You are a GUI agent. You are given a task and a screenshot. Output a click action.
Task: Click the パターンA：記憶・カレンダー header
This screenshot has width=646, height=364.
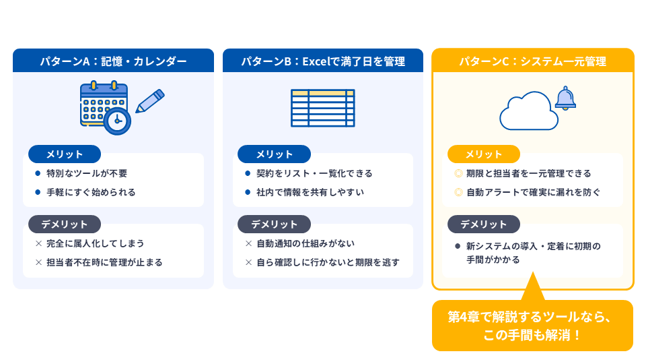click(113, 61)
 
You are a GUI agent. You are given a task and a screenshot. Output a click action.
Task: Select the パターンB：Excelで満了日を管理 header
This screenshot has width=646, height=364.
click(323, 61)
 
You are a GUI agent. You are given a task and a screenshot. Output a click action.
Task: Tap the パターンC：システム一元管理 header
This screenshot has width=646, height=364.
click(533, 61)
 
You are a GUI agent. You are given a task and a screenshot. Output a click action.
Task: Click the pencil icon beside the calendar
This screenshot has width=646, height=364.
click(150, 100)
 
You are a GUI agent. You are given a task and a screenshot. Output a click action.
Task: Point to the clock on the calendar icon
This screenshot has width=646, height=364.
click(117, 121)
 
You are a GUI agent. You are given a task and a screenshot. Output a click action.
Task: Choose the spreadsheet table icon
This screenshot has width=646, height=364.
click(323, 108)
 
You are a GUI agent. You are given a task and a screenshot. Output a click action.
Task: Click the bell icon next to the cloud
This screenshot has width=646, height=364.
click(565, 98)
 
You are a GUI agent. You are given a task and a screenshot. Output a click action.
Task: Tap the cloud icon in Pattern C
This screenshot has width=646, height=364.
click(529, 111)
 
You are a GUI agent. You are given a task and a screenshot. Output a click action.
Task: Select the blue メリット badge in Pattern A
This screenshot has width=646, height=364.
click(65, 154)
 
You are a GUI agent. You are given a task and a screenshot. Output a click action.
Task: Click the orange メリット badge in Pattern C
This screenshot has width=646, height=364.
click(484, 154)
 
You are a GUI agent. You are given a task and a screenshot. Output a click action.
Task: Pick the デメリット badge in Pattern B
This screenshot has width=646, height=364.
click(274, 224)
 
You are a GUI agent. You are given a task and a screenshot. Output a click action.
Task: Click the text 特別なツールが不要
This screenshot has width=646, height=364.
click(87, 173)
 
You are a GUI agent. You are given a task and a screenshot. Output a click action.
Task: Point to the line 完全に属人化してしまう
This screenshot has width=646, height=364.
click(95, 243)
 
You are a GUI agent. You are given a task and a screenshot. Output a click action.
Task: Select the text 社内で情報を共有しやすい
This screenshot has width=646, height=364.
click(310, 192)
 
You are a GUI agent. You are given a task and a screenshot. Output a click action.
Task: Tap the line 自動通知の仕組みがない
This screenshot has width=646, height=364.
click(306, 243)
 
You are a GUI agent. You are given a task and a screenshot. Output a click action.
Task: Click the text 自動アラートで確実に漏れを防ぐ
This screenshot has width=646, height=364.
click(533, 192)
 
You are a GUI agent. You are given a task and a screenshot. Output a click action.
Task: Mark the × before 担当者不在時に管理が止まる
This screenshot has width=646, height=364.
click(39, 262)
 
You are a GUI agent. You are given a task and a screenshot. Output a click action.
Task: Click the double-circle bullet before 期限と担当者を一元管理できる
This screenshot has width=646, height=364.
click(458, 173)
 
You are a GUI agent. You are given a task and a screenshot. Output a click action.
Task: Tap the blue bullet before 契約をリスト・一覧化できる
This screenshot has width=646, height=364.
click(248, 173)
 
